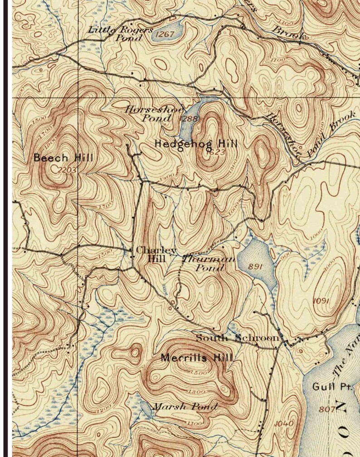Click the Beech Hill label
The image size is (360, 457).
pyautogui.click(x=63, y=158)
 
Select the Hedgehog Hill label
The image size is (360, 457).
pyautogui.click(x=196, y=143)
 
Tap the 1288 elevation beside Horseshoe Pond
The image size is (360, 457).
pyautogui.click(x=189, y=118)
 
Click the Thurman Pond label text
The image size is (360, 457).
pyautogui.click(x=209, y=264)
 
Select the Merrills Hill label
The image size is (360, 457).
pyautogui.click(x=197, y=358)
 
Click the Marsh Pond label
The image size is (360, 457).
pyautogui.click(x=185, y=406)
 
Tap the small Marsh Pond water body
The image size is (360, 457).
pyautogui.click(x=146, y=408)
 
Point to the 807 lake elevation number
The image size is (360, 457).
pyautogui.click(x=327, y=409)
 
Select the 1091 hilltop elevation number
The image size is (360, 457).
pyautogui.click(x=321, y=301)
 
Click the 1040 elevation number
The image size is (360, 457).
pyautogui.click(x=284, y=423)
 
